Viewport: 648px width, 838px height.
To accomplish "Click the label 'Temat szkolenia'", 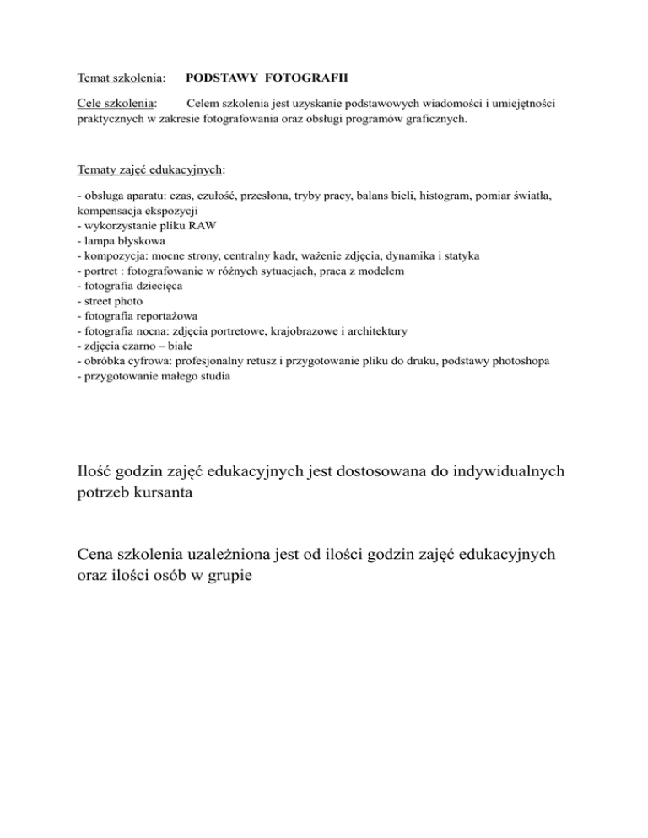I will click(x=119, y=77).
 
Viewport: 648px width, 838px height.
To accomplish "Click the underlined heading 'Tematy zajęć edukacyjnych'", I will click(x=149, y=169).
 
